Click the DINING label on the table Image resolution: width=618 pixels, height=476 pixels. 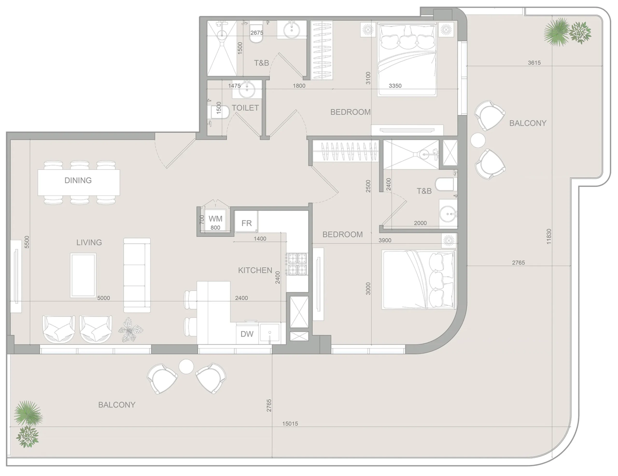(78, 180)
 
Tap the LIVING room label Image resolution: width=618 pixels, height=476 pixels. (89, 242)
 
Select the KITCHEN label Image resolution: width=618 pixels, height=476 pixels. (255, 270)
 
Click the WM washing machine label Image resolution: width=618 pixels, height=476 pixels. (215, 218)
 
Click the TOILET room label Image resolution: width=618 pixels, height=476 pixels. (245, 108)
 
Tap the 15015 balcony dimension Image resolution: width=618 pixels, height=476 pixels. (290, 424)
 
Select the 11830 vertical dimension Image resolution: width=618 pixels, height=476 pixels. (549, 237)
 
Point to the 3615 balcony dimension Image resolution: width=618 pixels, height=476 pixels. (534, 63)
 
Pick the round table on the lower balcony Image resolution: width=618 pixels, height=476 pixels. (186, 366)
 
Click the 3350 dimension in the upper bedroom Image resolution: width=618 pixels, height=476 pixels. (395, 86)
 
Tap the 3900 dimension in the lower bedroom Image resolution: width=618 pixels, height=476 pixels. (385, 240)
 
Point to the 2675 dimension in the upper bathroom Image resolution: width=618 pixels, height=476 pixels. (257, 33)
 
